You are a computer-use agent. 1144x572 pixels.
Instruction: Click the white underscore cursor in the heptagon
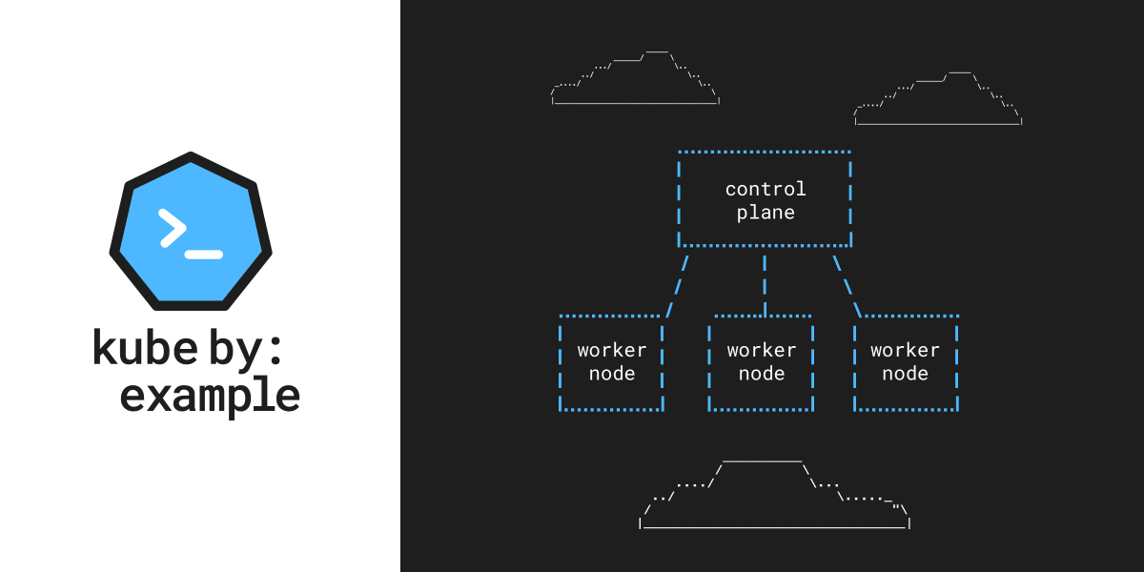[x=203, y=255]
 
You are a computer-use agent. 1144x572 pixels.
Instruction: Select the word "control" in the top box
[x=766, y=189]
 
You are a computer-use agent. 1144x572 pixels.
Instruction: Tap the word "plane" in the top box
[x=766, y=212]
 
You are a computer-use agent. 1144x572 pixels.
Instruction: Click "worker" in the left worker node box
[x=612, y=350]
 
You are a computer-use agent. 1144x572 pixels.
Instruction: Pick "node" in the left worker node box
[x=612, y=373]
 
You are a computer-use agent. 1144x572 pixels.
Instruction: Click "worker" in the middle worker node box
[x=762, y=350]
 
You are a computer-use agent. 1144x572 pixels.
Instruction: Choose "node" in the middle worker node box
[x=762, y=373]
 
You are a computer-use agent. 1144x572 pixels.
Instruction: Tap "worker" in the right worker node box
[x=905, y=350]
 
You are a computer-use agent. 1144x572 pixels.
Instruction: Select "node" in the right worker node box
[x=905, y=373]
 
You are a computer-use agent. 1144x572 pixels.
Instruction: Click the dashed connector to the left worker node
[x=677, y=283]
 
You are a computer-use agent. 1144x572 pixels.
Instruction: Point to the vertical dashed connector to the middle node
[x=765, y=283]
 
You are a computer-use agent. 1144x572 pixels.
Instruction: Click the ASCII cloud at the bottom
[x=774, y=496]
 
